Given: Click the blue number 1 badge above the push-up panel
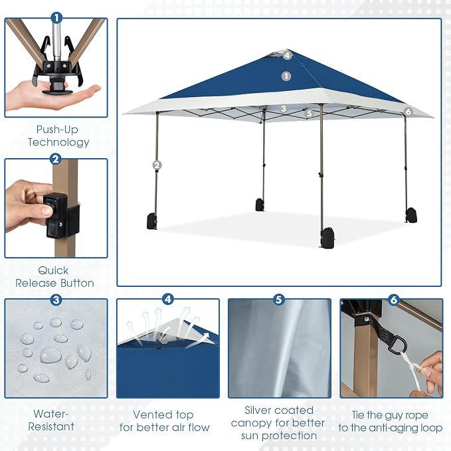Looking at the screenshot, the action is (56, 18).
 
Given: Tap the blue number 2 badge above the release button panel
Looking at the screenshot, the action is (56, 159).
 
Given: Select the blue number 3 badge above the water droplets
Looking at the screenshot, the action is (56, 300).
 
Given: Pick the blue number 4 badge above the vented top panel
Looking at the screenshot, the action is (168, 299).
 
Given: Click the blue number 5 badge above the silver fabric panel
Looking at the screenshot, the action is (279, 300).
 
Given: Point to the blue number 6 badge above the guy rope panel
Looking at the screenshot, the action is (393, 300).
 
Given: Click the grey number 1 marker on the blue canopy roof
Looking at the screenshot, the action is (286, 76).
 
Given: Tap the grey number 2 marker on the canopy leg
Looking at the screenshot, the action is (157, 165).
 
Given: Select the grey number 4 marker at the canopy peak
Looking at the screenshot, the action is (287, 55).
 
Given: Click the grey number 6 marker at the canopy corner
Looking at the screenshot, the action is (408, 112).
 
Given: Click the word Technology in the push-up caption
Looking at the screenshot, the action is (58, 142).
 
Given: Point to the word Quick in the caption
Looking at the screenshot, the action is (53, 270).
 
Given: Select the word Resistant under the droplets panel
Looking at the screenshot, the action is (51, 426).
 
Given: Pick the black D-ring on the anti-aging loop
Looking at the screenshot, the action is (397, 345).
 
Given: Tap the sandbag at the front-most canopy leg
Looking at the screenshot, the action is (328, 238).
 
